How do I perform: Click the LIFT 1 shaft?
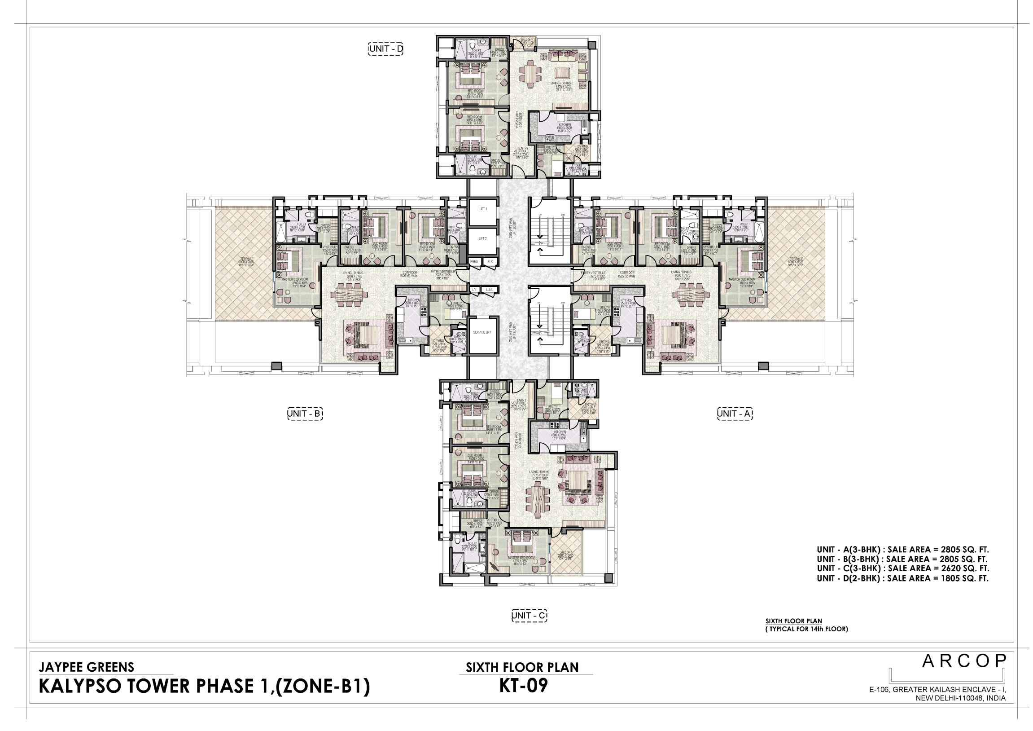[483, 209]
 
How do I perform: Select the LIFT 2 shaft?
[483, 238]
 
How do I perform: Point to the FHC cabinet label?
[490, 261]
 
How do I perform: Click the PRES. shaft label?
[474, 261]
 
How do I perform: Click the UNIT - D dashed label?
[385, 48]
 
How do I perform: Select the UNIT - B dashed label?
[305, 414]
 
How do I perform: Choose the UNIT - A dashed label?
[735, 414]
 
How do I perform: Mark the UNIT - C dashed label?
[530, 615]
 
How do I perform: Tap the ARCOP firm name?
[963, 661]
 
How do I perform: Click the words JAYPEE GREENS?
[87, 667]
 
